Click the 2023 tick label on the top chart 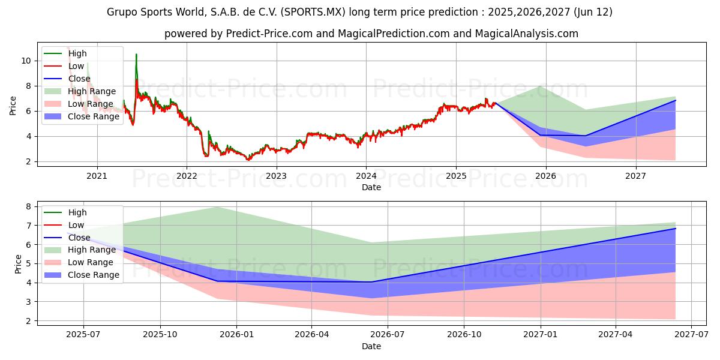[x=276, y=176]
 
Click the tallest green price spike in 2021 [x=136, y=55]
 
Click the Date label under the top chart [x=371, y=187]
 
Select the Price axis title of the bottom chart [x=18, y=264]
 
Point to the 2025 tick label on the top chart [x=456, y=176]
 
